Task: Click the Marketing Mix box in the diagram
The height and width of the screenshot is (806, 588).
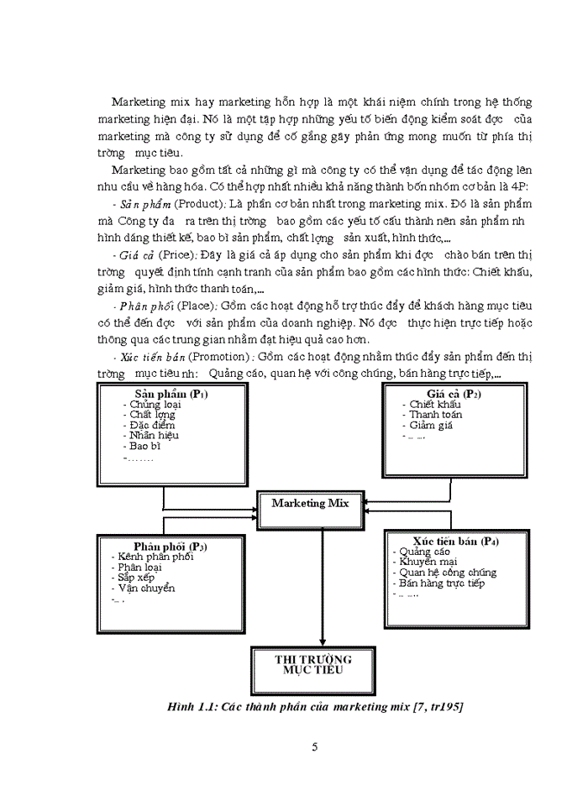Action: pos(309,504)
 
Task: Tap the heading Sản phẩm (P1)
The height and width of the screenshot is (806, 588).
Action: pos(171,394)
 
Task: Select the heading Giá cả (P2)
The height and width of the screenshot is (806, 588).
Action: pos(454,394)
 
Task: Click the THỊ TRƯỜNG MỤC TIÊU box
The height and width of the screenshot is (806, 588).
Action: pos(313,665)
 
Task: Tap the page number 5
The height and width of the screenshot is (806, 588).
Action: pos(314,748)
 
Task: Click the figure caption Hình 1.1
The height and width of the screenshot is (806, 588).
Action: pos(315,707)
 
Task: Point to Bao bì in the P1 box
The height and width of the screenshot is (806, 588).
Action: pos(144,446)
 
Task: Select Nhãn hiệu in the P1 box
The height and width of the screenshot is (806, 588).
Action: pos(153,435)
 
